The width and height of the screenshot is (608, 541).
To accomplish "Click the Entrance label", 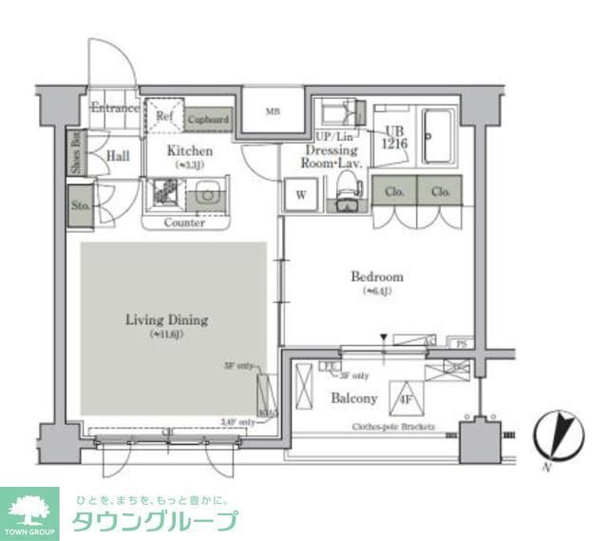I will pos(115,108).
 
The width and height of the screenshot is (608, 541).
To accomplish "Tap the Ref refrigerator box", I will pos(164,117).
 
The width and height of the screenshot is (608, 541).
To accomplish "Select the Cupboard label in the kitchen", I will pos(208,120).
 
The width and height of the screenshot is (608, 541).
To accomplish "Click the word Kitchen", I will pos(190,151).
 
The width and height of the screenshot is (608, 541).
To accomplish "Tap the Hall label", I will pos(118,156).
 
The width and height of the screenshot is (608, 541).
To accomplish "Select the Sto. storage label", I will pos(80,203).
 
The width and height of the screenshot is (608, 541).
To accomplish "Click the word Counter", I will pos(184,222).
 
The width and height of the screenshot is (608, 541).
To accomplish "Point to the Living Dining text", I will pos(166,320).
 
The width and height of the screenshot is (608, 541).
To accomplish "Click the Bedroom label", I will pos(376,277).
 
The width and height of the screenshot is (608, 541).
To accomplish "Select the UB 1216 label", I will pos(395,139).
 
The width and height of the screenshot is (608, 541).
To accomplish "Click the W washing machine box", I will pos(300,197).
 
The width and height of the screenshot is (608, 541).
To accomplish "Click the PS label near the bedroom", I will pos(462,341).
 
